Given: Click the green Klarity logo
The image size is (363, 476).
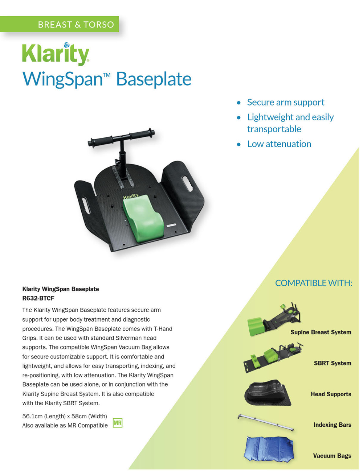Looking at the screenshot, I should [56, 54].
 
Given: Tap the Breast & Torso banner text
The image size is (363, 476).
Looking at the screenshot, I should [76, 25].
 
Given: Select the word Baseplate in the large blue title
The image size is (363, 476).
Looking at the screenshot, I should [154, 79].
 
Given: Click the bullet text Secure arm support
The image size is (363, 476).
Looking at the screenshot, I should [286, 102].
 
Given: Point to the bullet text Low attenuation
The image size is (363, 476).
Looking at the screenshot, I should [279, 144].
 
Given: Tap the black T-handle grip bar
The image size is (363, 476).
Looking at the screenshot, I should [121, 137].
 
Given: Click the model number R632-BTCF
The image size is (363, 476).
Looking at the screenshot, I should [38, 298].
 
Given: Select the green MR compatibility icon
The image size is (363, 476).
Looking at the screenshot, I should [117, 423].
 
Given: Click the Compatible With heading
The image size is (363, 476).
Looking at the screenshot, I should [313, 283].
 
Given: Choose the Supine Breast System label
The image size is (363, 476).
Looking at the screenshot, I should [321, 332].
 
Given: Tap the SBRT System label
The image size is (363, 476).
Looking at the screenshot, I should [332, 363].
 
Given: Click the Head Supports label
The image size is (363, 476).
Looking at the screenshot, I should [331, 394].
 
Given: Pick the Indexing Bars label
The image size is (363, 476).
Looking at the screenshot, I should [332, 425].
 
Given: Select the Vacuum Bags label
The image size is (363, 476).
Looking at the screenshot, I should [332, 456].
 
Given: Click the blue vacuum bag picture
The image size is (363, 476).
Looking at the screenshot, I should [268, 449].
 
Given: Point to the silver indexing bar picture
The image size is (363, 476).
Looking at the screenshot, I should [266, 422].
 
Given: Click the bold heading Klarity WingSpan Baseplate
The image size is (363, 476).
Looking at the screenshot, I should [61, 289].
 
